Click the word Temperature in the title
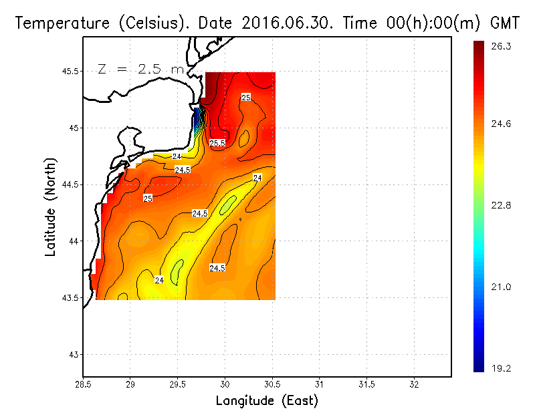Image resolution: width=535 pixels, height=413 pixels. [x=56, y=23]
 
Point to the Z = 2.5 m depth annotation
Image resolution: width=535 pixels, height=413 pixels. [x=140, y=69]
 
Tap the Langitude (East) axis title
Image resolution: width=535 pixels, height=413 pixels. [x=267, y=401]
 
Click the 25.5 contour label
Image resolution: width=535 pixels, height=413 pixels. [x=217, y=143]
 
